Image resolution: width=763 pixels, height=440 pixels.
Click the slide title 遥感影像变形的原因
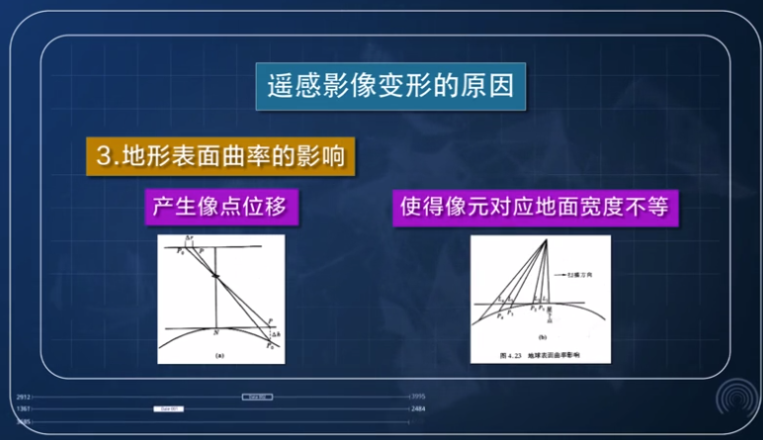point(391,86)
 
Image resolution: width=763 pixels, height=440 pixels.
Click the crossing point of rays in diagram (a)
point(214,278)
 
